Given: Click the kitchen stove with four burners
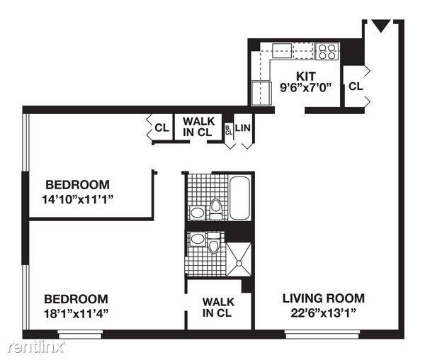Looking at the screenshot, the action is click(x=327, y=51).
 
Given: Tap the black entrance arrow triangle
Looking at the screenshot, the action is click(x=381, y=26).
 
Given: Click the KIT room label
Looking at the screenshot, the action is click(x=306, y=77).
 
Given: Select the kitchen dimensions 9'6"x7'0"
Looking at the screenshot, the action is click(x=306, y=88).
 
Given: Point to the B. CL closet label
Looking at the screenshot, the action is click(x=229, y=130).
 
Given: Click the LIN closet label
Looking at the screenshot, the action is click(x=243, y=128).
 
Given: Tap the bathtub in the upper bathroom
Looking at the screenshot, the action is click(x=239, y=198).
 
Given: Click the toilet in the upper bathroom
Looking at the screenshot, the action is click(x=216, y=209).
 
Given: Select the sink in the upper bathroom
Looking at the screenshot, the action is click(x=197, y=213).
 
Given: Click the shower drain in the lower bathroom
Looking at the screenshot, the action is click(x=239, y=263).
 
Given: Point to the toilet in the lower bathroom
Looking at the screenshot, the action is click(x=214, y=242).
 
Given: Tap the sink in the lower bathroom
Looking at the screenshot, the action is click(x=198, y=239).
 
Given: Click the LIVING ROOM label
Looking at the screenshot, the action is click(x=324, y=298).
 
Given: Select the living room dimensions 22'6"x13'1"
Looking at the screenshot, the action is click(x=324, y=313).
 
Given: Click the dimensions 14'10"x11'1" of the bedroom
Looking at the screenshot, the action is click(x=77, y=200).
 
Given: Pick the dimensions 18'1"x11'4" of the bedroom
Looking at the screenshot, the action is click(x=76, y=314).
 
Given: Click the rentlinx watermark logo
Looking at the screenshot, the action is click(x=36, y=347).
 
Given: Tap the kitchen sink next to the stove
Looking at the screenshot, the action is click(x=282, y=50).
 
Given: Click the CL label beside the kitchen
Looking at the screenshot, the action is click(x=356, y=86).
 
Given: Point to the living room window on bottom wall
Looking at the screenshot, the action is click(x=322, y=334).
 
